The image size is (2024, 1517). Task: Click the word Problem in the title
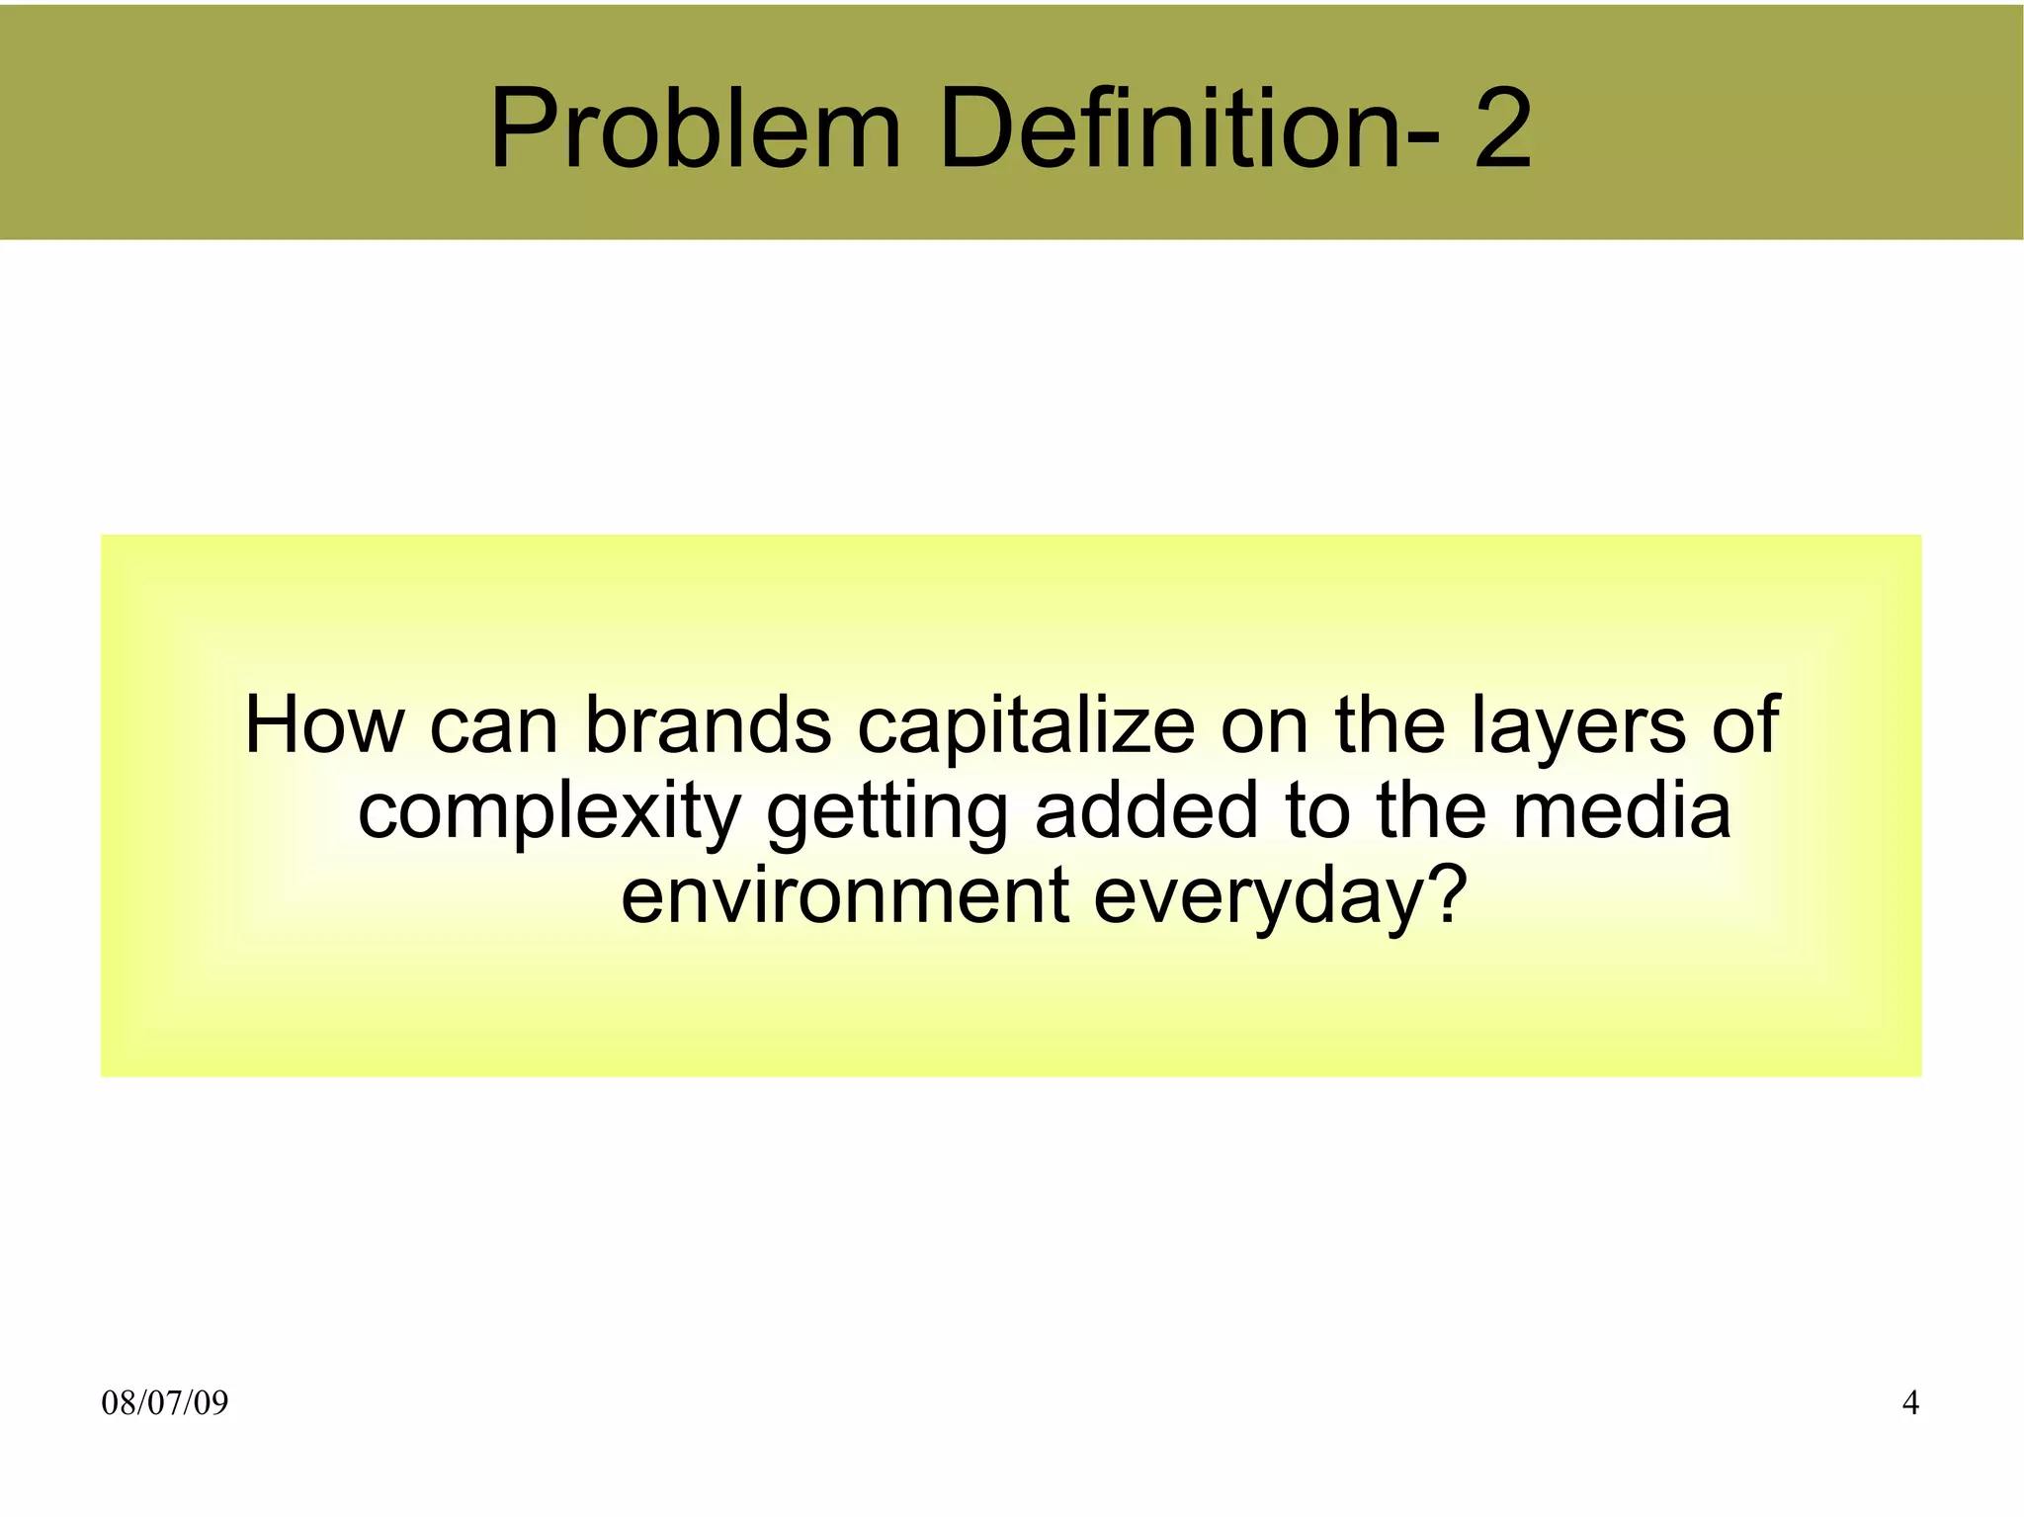[x=695, y=128]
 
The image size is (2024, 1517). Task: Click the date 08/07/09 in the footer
[x=165, y=1402]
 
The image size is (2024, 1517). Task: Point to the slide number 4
[x=1910, y=1402]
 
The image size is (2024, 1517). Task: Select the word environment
[x=845, y=894]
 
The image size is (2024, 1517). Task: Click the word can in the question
[x=494, y=726]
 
